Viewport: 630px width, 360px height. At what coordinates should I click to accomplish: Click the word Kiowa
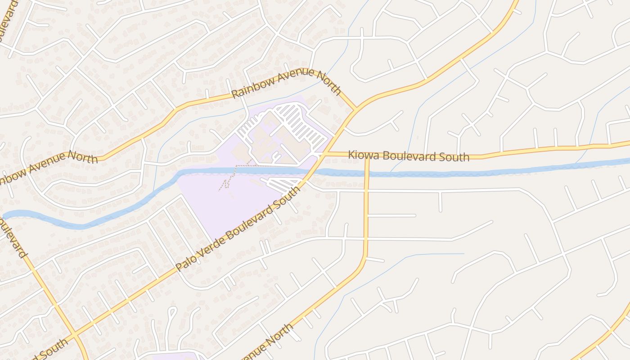(x=361, y=155)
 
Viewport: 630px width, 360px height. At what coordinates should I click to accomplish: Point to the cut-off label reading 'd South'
(x=49, y=350)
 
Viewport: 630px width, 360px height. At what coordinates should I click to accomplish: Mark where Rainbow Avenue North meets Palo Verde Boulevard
(x=356, y=108)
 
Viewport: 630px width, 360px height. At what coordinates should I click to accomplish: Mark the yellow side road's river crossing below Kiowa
(x=367, y=173)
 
